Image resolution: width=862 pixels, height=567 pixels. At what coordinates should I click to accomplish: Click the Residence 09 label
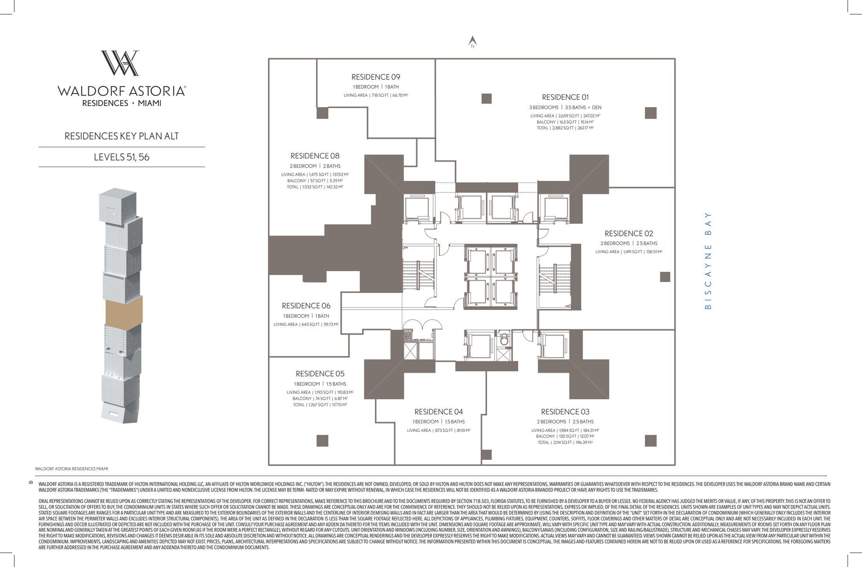point(375,77)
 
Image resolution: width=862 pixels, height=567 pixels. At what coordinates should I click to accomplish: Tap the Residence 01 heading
point(565,97)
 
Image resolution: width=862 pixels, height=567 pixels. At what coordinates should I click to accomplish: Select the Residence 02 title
point(628,234)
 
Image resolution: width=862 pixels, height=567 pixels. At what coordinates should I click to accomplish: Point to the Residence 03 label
point(565,412)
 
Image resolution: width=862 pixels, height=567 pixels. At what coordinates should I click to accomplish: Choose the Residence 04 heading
point(438,412)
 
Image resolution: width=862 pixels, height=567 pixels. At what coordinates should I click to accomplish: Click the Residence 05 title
point(320,374)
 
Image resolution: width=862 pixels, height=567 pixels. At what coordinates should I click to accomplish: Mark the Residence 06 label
point(306,306)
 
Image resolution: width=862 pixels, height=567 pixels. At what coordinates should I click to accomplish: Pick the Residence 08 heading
point(315,156)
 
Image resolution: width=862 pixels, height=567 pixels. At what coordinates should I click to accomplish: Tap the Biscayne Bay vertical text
point(707,261)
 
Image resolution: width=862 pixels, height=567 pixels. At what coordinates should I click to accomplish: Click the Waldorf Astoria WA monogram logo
point(120,63)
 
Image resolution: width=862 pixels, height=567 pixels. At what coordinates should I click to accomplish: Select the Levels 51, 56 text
point(121,157)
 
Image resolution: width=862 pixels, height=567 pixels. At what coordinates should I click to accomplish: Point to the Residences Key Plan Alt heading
point(121,136)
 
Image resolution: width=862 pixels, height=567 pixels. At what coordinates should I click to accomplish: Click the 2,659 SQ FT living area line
point(565,116)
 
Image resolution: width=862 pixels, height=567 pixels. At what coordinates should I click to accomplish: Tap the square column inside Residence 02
point(665,277)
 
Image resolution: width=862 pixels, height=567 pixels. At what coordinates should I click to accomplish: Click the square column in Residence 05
point(322,441)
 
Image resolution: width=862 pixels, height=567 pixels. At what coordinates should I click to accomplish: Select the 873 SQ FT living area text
point(438,430)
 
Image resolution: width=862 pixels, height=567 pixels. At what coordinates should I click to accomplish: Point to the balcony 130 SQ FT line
point(565,436)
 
